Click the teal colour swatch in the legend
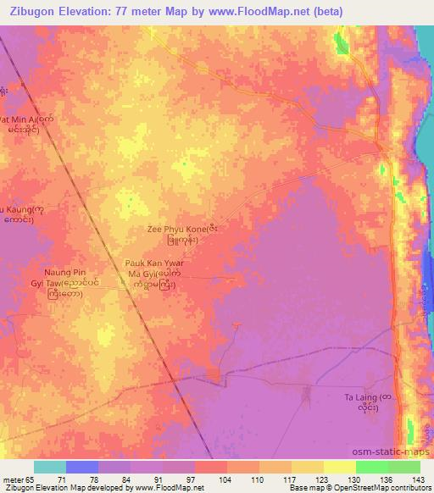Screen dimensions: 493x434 tap(50, 467)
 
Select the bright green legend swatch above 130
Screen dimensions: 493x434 tap(371, 467)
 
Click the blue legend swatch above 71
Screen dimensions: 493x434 tap(82, 467)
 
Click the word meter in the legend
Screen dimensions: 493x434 tap(13, 479)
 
